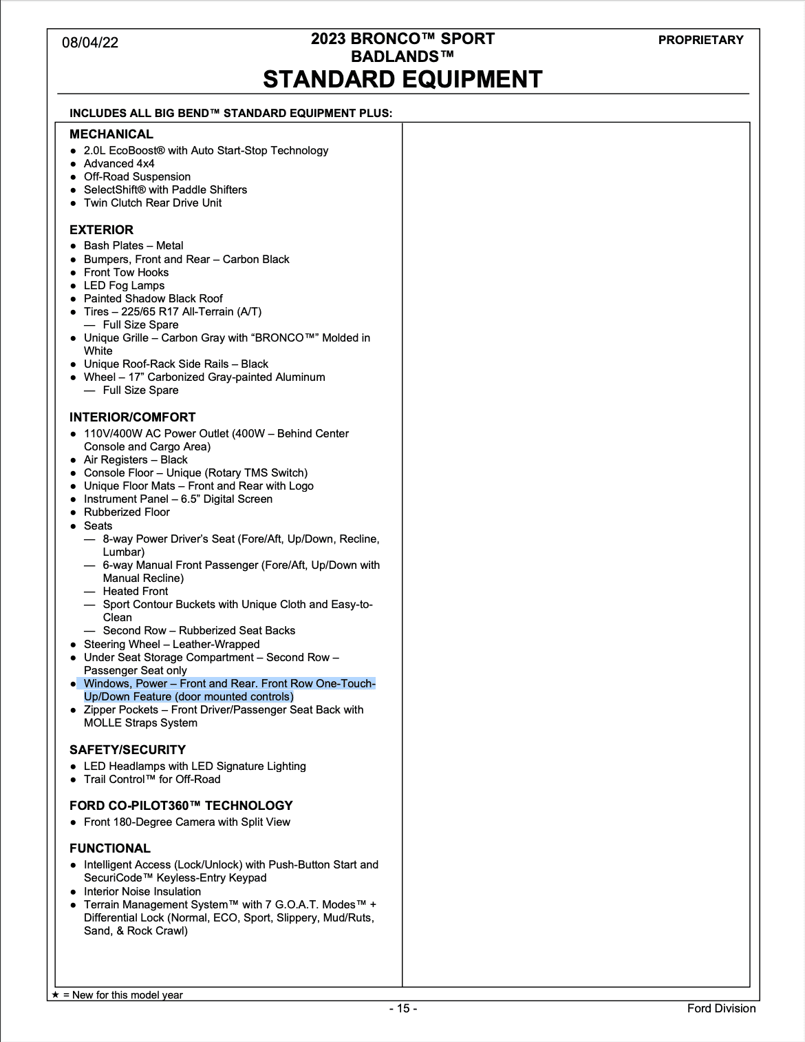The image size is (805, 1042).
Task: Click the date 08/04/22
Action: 90,43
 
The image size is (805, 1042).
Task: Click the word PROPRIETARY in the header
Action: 700,40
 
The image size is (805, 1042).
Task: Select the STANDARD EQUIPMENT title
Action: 402,80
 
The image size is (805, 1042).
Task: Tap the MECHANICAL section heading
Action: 111,134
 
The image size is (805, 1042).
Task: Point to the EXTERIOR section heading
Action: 101,230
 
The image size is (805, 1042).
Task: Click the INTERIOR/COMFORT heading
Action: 132,417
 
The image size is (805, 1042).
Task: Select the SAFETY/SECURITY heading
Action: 127,750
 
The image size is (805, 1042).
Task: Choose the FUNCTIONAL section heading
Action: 110,848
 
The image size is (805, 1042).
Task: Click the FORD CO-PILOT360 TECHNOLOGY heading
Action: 181,806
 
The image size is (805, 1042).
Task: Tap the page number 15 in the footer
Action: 403,1008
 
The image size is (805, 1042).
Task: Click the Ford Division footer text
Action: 721,1008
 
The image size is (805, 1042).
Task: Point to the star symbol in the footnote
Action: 56,994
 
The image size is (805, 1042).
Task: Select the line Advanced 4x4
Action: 119,164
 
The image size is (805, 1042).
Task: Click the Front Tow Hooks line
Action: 126,273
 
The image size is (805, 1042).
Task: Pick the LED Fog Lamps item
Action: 124,286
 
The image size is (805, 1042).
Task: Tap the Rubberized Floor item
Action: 127,512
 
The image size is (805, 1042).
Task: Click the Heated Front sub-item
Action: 135,592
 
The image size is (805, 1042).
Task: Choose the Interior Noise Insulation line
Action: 142,891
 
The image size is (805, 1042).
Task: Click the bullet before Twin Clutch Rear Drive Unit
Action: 74,203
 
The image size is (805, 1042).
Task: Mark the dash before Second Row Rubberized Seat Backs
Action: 89,631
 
